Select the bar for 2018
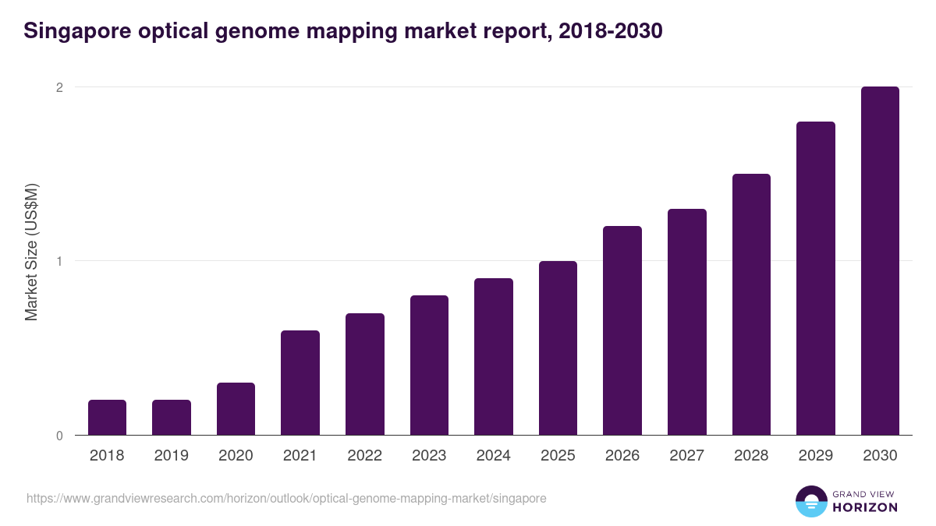[107, 418]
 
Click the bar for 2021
[300, 383]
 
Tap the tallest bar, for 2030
[880, 261]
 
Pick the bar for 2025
[558, 348]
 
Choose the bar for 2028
[751, 305]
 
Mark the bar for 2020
[236, 409]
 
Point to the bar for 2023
[429, 365]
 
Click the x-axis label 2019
[172, 456]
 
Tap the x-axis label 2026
[622, 456]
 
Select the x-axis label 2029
[816, 456]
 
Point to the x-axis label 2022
[364, 456]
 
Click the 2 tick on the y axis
[58, 87]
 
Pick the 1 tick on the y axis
[58, 261]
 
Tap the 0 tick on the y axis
[58, 436]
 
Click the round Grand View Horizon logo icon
[810, 501]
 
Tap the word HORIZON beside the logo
[866, 507]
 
